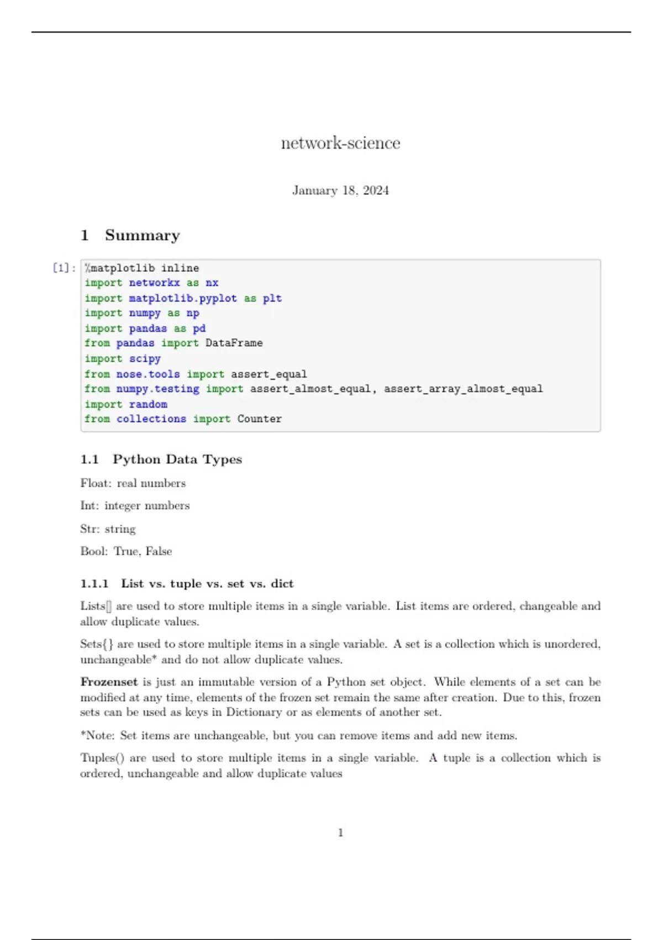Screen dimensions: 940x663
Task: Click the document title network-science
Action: (x=340, y=143)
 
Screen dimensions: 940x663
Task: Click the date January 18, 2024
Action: (x=340, y=191)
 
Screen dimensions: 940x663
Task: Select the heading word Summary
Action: (x=143, y=236)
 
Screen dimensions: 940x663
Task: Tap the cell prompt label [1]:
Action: (x=64, y=268)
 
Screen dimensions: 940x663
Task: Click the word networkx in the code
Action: (x=154, y=283)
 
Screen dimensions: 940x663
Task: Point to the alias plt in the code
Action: (x=272, y=299)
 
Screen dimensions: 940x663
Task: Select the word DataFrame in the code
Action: (x=234, y=343)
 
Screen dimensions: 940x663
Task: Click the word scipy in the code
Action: (x=145, y=359)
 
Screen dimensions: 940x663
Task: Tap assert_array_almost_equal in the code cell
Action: (x=463, y=389)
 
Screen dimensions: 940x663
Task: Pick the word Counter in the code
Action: (x=259, y=419)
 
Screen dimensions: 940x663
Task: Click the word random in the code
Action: (x=148, y=404)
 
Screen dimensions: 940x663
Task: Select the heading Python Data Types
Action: (x=177, y=459)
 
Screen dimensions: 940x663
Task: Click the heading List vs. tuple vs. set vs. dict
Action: (x=207, y=584)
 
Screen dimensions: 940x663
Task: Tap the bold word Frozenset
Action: (x=109, y=682)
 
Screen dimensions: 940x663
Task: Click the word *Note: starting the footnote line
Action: (x=97, y=736)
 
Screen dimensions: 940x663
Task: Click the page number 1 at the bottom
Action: (x=340, y=833)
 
